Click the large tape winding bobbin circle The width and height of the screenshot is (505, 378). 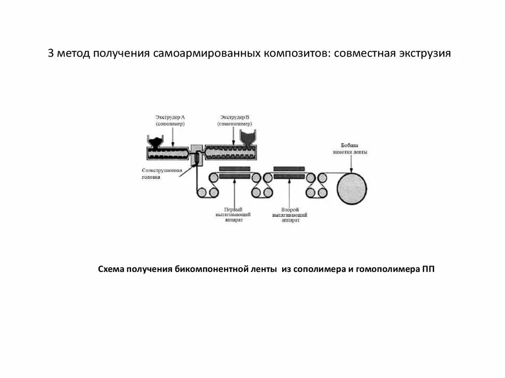click(x=352, y=189)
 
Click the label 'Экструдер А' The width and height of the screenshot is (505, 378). click(x=170, y=117)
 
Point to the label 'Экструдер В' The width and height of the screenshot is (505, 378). click(x=234, y=117)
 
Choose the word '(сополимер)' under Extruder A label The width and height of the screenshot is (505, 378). click(x=170, y=124)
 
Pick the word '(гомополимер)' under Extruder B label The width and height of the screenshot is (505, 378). click(x=234, y=124)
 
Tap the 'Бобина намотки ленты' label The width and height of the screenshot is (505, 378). click(x=354, y=149)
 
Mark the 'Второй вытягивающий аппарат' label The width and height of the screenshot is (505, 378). click(x=291, y=215)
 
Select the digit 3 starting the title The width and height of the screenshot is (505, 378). click(x=51, y=53)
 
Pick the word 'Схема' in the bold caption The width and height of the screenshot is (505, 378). click(x=111, y=270)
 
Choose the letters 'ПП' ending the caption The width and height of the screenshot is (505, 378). click(x=428, y=270)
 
